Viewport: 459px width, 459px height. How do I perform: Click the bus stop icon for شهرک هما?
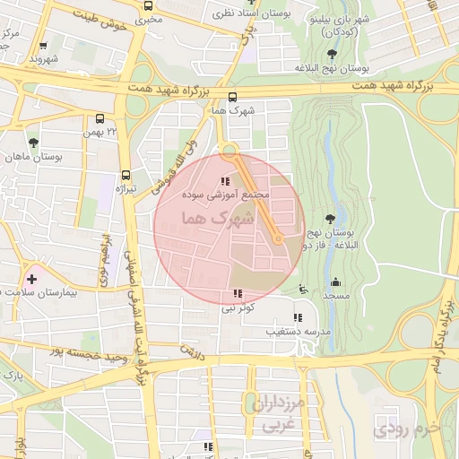click(233, 99)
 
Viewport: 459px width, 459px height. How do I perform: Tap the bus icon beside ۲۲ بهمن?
click(100, 117)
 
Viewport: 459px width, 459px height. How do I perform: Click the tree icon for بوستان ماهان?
click(33, 143)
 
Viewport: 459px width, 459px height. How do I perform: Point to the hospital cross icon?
click(33, 278)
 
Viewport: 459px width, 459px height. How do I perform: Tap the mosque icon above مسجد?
click(335, 282)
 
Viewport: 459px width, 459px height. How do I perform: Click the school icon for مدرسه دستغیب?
click(298, 317)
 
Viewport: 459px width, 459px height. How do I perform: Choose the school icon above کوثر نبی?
click(238, 293)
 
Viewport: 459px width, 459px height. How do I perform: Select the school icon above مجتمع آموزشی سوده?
click(224, 182)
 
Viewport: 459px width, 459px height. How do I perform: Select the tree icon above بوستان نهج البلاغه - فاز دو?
click(332, 218)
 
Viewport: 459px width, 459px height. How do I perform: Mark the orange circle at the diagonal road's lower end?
click(279, 239)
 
